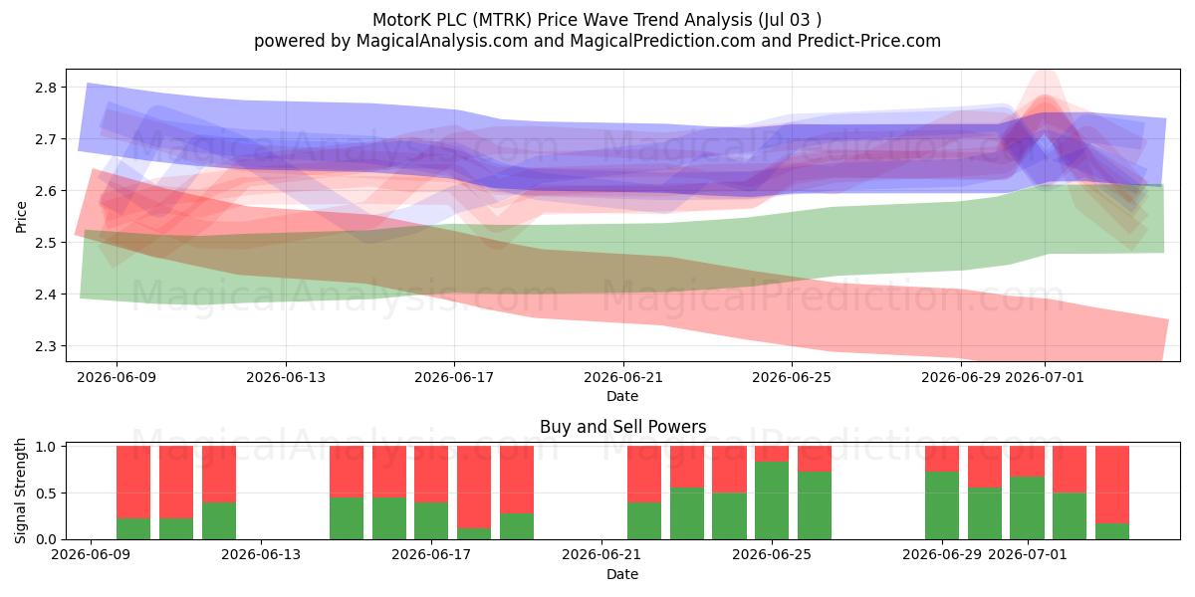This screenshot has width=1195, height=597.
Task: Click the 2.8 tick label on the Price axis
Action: [46, 88]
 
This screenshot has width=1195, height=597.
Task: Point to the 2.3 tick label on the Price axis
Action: [46, 346]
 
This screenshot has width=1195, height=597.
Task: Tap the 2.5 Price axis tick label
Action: [46, 243]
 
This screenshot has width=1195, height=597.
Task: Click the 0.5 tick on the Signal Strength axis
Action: [46, 494]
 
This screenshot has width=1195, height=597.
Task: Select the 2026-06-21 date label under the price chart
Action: [623, 377]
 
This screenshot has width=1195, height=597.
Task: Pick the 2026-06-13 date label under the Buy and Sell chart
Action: [261, 554]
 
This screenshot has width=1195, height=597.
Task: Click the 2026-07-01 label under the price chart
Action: [1045, 377]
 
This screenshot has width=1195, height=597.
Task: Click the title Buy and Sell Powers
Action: [623, 427]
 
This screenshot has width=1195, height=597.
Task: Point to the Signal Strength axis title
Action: [20, 491]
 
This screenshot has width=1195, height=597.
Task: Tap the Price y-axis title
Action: [21, 217]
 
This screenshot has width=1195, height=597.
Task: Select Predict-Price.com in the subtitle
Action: [869, 41]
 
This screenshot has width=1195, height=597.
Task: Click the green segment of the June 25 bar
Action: [772, 500]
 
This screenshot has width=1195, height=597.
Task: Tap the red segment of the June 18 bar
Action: [474, 488]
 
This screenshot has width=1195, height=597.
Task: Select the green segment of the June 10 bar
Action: [133, 528]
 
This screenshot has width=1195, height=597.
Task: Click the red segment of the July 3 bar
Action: [1112, 485]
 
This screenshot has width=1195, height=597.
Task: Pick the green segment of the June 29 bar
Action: [942, 505]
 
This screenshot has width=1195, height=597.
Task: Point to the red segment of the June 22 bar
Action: [644, 475]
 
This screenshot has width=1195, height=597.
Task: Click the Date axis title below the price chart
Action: [622, 396]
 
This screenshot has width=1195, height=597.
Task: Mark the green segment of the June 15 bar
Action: [347, 518]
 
